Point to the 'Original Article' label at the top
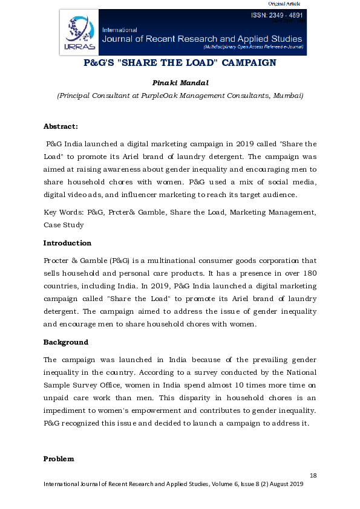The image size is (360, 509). coord(284,4)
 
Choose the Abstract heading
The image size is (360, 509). coord(61,126)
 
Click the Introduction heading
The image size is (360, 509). coord(67,243)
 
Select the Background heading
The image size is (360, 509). coord(65,342)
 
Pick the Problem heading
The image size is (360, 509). coord(59,459)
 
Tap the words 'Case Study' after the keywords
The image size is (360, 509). coord(64,224)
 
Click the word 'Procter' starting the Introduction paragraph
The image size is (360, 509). coord(57,261)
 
